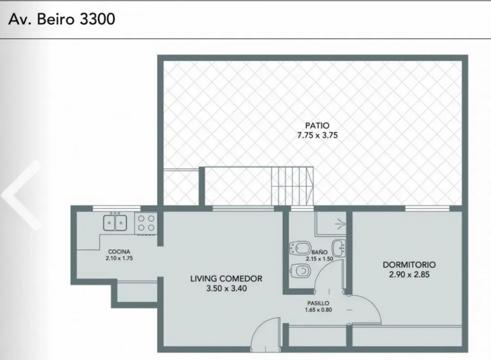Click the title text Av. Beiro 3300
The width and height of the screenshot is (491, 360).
click(62, 19)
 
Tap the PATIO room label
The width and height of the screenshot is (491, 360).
click(317, 125)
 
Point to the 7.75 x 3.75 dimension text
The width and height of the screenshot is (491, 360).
click(317, 135)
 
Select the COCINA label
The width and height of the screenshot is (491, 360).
click(119, 251)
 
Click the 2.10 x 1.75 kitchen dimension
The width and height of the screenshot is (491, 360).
click(119, 258)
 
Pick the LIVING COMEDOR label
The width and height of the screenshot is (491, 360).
click(226, 279)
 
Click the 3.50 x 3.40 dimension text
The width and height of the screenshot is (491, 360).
click(226, 288)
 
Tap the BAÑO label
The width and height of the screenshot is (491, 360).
click(320, 252)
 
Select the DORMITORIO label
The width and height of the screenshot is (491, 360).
click(409, 265)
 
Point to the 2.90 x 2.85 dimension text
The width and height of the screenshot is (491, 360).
click(409, 274)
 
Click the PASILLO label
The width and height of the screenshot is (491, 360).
click(318, 303)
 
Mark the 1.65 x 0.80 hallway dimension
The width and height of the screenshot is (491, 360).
click(318, 310)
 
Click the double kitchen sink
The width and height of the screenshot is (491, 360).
click(115, 223)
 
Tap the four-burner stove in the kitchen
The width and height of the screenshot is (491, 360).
click(146, 223)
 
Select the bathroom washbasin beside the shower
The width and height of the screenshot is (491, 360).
click(339, 248)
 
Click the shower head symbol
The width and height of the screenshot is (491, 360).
click(340, 224)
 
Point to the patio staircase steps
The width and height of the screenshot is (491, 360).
click(292, 186)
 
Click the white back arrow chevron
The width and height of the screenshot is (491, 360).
click(21, 195)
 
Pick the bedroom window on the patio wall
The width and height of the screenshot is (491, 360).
click(427, 209)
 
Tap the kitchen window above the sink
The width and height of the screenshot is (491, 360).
click(116, 209)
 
